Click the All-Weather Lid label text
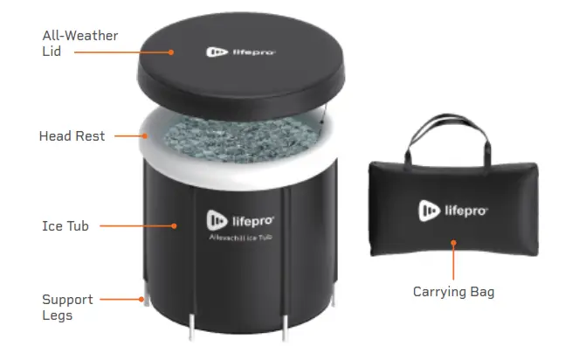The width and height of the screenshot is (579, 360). click(x=79, y=44)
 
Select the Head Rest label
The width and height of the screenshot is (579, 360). click(x=72, y=136)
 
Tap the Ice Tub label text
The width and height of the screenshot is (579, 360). click(x=65, y=226)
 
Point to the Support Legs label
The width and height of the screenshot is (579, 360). click(x=67, y=307)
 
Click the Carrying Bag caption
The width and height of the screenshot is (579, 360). click(x=453, y=292)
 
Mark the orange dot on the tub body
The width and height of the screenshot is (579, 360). click(x=176, y=226)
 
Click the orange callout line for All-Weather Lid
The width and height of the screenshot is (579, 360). click(x=122, y=52)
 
